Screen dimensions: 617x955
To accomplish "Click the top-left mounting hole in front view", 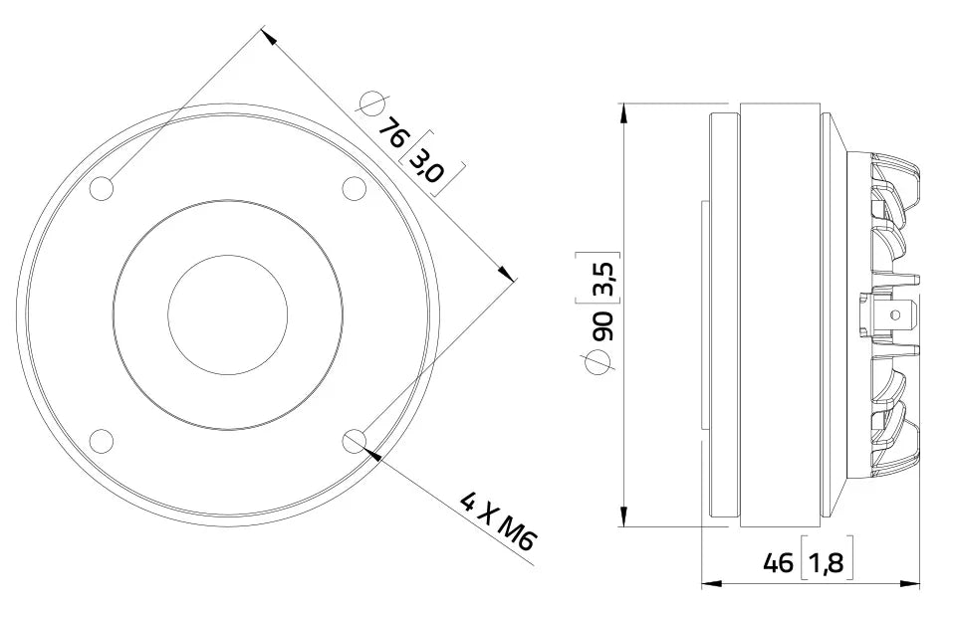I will click(x=103, y=189).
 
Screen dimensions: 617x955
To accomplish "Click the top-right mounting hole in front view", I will click(x=355, y=188).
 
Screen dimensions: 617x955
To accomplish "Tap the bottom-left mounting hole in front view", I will click(x=103, y=441).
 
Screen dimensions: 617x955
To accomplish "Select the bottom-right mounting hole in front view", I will click(x=355, y=441).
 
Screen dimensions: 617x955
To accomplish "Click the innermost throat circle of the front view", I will click(x=228, y=314).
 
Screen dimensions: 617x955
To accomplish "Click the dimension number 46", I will click(x=778, y=563).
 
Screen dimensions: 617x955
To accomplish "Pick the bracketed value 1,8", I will click(x=826, y=563).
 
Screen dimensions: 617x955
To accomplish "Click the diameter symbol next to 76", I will click(x=371, y=103).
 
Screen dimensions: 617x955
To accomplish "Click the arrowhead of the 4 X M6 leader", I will click(x=372, y=454).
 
